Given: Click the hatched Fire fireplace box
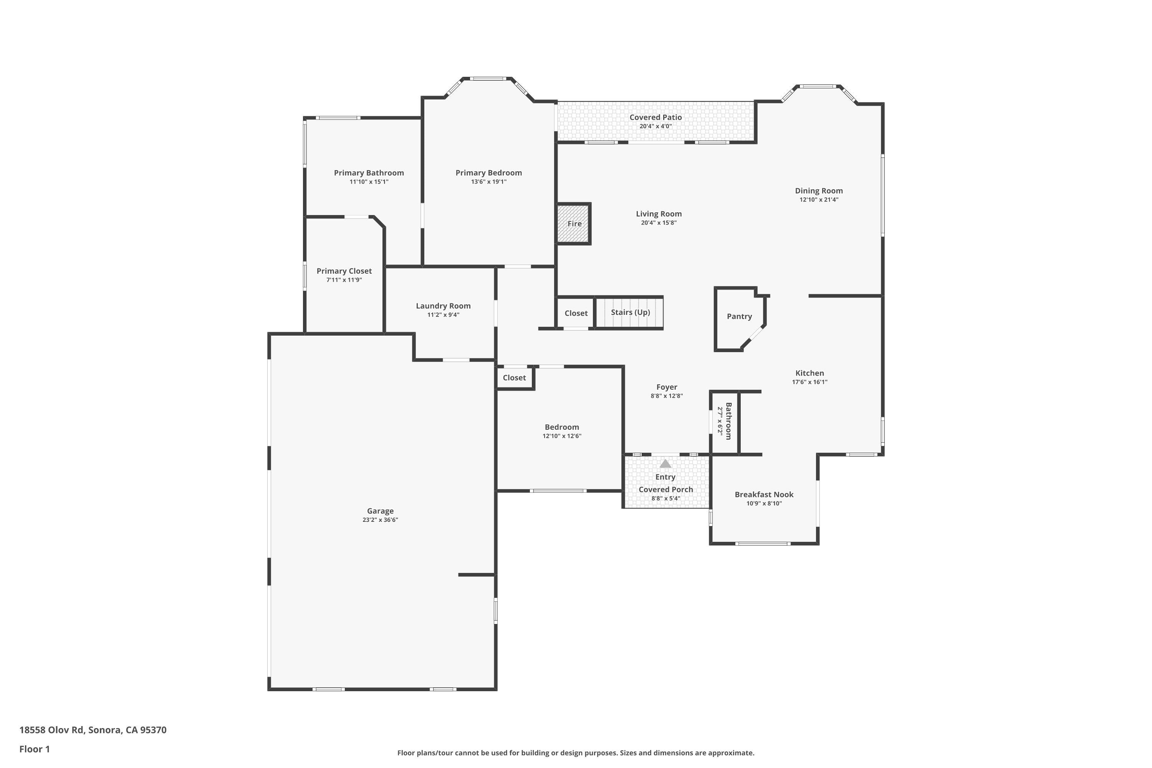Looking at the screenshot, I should [x=574, y=224].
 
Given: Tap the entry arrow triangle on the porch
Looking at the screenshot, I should [x=665, y=464].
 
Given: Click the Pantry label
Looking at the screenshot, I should [x=739, y=316].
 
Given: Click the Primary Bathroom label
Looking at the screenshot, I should [x=369, y=173].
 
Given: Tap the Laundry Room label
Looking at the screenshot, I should [x=443, y=306].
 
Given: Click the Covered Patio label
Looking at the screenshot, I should [x=655, y=118].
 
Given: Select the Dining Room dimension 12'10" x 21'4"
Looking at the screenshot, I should [x=819, y=200].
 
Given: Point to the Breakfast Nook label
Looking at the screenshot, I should [x=764, y=495].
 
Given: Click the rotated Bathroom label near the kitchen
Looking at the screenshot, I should [x=728, y=421].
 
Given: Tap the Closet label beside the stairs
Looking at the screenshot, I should [x=576, y=313].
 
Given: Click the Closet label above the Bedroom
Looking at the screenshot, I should [x=514, y=377].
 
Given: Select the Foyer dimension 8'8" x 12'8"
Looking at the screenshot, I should [x=667, y=396].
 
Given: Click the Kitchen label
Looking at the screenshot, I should [x=809, y=373].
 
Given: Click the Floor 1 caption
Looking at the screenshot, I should [x=34, y=749].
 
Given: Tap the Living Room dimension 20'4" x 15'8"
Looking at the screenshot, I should [x=659, y=223].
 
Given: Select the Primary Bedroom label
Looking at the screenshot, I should [x=488, y=173].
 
